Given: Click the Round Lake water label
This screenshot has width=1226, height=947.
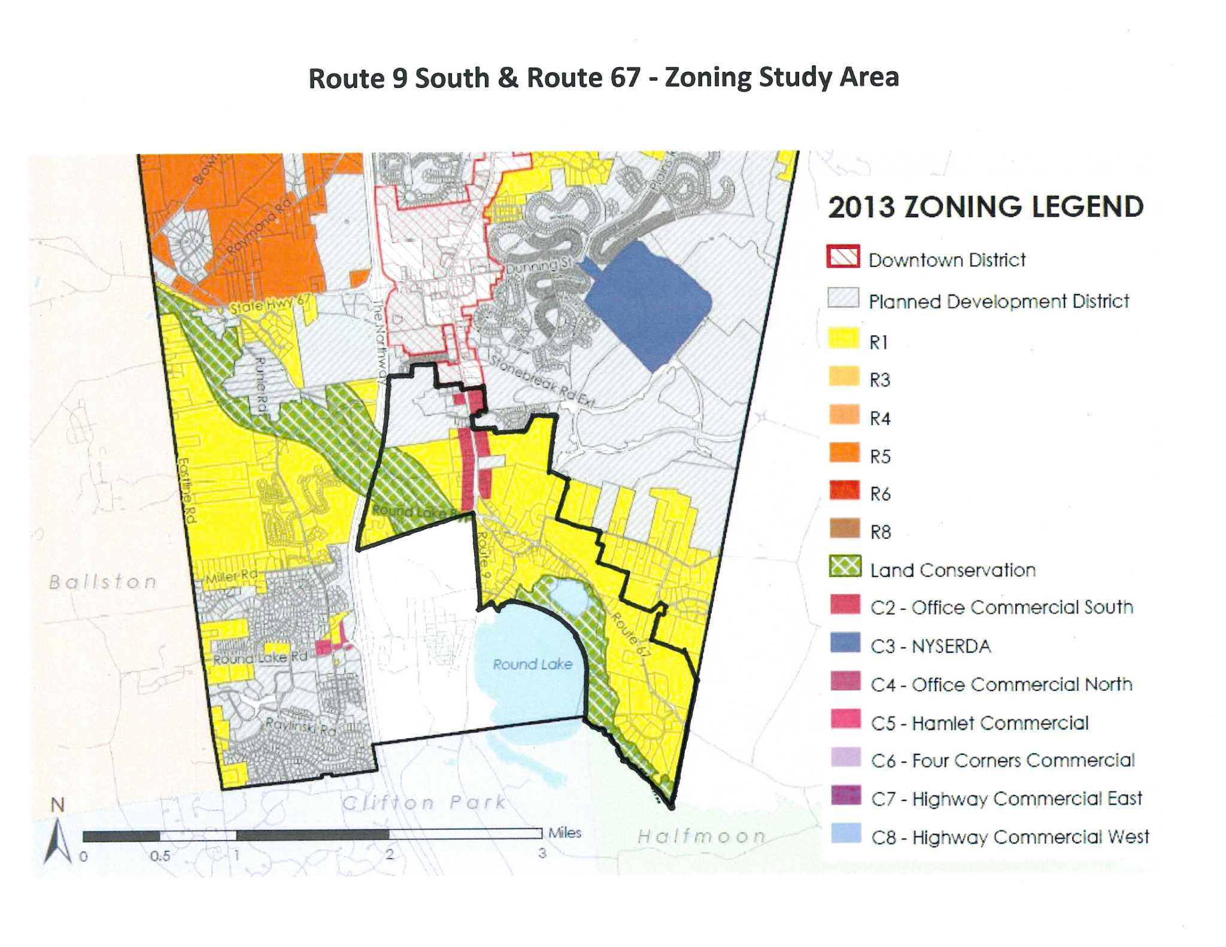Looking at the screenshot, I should pos(532,664).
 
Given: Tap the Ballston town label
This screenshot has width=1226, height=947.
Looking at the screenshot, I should pos(103,582).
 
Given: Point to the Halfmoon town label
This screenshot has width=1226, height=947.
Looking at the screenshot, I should pos(701,836).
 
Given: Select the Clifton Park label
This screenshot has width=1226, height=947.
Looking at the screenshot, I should pos(424,802).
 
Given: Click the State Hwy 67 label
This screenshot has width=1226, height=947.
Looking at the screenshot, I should pos(269,305).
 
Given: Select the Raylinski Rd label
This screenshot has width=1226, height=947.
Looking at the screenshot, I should pos(301,727).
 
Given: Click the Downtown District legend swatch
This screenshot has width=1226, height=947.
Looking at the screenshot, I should pos(843,257).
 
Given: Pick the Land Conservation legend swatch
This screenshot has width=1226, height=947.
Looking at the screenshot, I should pos(845,566).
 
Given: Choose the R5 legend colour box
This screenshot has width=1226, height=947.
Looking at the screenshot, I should pos(844,453).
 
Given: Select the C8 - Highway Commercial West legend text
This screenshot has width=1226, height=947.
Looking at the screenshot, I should pos(1009,836).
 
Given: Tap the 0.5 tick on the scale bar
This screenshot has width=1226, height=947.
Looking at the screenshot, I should pos(160,855).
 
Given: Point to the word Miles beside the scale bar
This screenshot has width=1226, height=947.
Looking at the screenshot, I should pos(565,833).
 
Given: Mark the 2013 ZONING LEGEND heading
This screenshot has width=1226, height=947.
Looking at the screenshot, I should pos(985,207).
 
